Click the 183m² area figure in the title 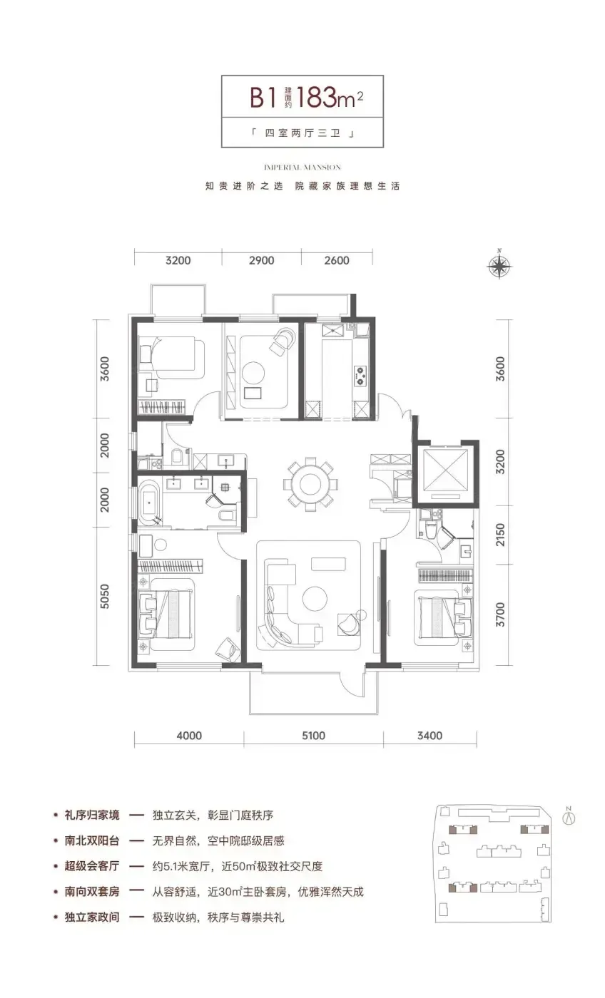[330, 97]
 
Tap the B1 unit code [263, 98]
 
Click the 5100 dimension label [313, 735]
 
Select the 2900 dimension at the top [262, 260]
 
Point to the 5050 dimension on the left [104, 596]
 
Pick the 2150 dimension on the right [500, 535]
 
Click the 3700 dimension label [500, 614]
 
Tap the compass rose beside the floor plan [499, 265]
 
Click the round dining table [311, 483]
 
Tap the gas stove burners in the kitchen [360, 375]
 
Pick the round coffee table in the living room [315, 598]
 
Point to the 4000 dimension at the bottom [189, 735]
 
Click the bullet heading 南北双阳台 [92, 840]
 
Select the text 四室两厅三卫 [302, 133]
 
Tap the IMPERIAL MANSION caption [302, 168]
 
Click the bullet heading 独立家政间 [92, 917]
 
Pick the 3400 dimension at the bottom [429, 735]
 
